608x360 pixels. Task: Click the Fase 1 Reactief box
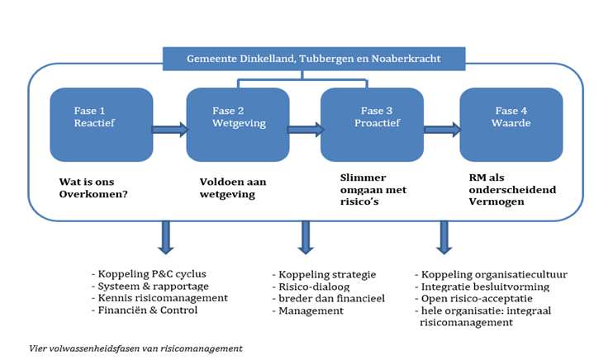pyautogui.click(x=102, y=124)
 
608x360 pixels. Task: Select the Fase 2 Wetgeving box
pyautogui.click(x=238, y=124)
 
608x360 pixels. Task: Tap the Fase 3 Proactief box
pyautogui.click(x=372, y=124)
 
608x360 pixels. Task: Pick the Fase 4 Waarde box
pyautogui.click(x=511, y=124)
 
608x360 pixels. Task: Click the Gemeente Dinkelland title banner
pyautogui.click(x=314, y=59)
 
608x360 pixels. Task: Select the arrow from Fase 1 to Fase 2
pyautogui.click(x=170, y=129)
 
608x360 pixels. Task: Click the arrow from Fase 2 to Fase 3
pyautogui.click(x=305, y=129)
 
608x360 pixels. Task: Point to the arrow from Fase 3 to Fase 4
pyautogui.click(x=442, y=129)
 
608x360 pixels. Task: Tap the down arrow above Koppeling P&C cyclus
pyautogui.click(x=165, y=237)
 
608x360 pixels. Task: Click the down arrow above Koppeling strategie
pyautogui.click(x=306, y=237)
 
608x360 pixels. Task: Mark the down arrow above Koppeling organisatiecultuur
pyautogui.click(x=444, y=237)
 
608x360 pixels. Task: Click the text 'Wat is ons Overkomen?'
pyautogui.click(x=93, y=188)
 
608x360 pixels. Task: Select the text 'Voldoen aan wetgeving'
pyautogui.click(x=233, y=188)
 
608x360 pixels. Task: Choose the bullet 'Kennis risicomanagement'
pyautogui.click(x=162, y=297)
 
